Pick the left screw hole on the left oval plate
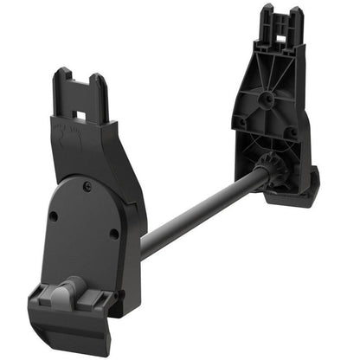[54, 216]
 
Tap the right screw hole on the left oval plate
[114, 233]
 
